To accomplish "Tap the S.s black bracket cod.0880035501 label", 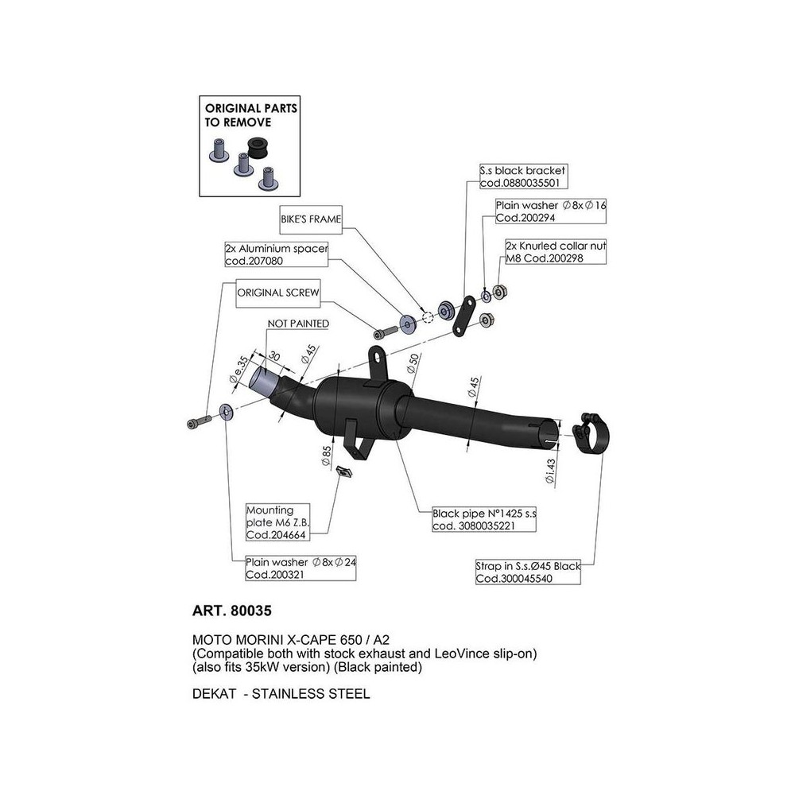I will click(522, 176).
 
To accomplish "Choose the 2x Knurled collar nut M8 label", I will click(555, 252).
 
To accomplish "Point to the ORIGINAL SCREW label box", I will click(278, 293).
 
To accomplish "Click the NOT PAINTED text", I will click(297, 324).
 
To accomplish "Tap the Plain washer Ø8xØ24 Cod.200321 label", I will click(301, 568).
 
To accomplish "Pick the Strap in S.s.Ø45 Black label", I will click(528, 572).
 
